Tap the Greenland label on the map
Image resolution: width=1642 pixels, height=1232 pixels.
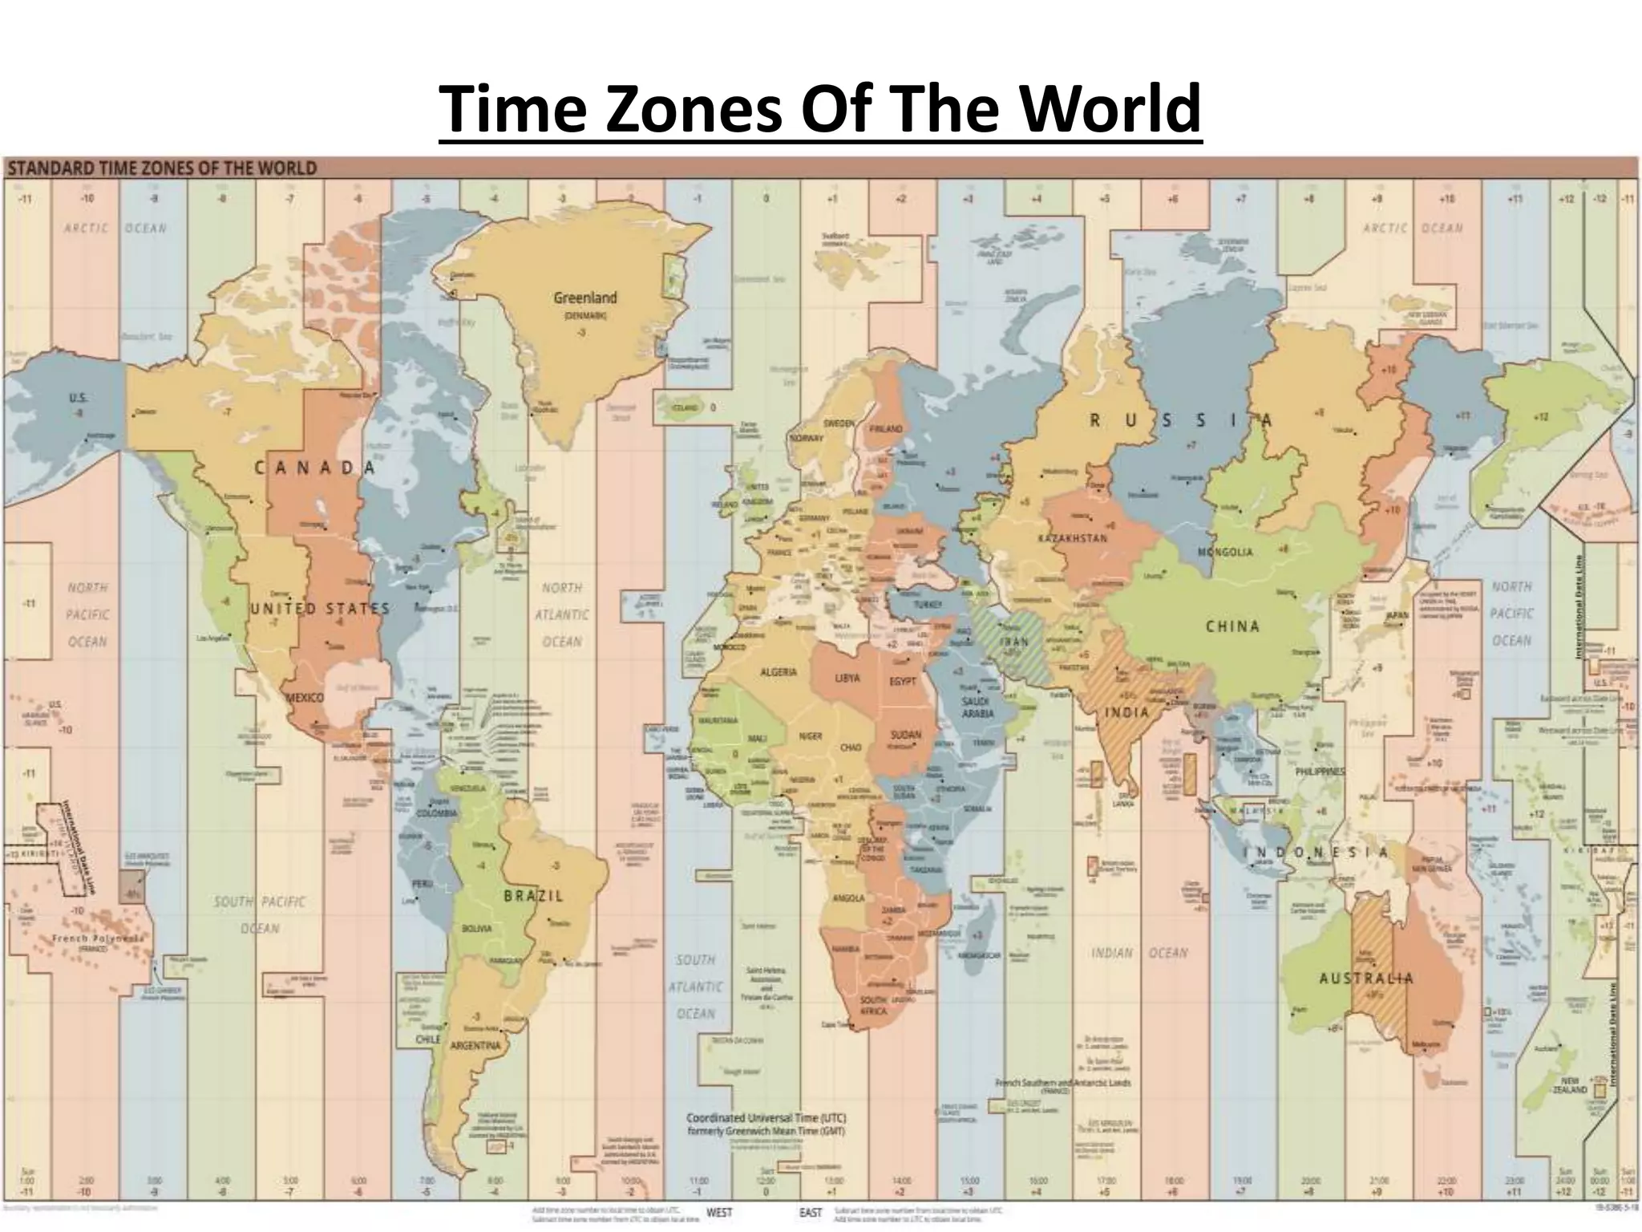[x=585, y=298]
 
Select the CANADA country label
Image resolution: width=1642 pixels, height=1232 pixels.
[x=315, y=468]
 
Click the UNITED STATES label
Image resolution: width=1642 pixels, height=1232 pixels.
[x=319, y=609]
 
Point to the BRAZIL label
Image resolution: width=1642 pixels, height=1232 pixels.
[x=534, y=896]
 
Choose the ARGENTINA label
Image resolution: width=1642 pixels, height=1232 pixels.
[x=475, y=1045]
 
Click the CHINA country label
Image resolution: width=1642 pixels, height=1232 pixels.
[x=1232, y=626]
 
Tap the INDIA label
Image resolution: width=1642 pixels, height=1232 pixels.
[x=1127, y=712]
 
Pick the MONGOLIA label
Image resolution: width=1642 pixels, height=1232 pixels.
[x=1225, y=553]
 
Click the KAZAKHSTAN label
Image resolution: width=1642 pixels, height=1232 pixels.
[x=1072, y=538]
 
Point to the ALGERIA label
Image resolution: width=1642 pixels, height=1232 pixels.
[x=778, y=671]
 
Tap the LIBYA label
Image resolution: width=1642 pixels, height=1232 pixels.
[x=847, y=678]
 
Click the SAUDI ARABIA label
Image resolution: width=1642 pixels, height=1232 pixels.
[x=978, y=707]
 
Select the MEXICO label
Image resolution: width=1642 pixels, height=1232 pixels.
[x=305, y=698]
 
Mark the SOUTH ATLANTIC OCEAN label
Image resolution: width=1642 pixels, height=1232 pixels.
[x=695, y=987]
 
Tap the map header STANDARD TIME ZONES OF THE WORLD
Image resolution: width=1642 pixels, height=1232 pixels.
[x=163, y=168]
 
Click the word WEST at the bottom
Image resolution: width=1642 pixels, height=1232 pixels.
[x=719, y=1213]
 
